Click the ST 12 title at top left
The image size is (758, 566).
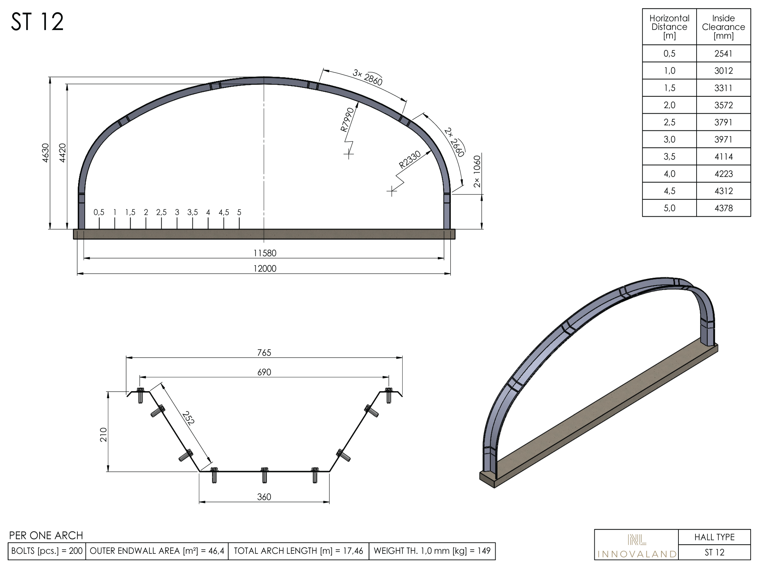click(x=37, y=22)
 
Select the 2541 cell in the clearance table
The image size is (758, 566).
click(x=723, y=54)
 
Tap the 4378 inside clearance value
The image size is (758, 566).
click(x=723, y=208)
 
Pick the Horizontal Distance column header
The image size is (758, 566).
click(x=669, y=27)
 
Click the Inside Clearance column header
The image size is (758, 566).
click(x=723, y=27)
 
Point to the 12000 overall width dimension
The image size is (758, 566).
click(x=265, y=269)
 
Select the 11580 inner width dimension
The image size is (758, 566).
click(x=265, y=253)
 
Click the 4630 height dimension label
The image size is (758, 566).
click(x=45, y=153)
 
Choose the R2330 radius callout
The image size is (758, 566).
click(x=410, y=160)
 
